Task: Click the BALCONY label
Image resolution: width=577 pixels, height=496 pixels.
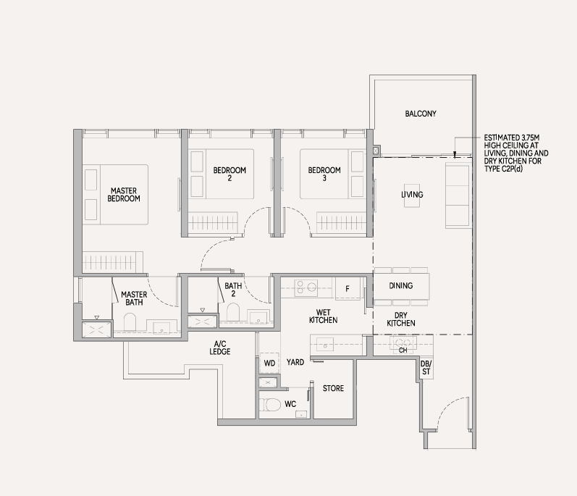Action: pos(421,114)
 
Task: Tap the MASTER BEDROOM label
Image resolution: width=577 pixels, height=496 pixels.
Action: pos(124,195)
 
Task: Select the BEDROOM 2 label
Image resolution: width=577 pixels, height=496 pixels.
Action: pos(229,174)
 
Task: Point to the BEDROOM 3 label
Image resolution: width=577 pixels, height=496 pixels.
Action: pos(324,174)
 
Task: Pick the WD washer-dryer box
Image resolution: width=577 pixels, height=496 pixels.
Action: pos(269,363)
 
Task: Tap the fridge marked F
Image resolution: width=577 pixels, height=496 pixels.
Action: pos(347,289)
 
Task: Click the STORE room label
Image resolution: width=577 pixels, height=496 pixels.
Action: pos(334,388)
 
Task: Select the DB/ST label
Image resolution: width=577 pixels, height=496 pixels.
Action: pos(426,368)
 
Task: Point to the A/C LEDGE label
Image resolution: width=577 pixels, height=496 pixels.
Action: pos(220,348)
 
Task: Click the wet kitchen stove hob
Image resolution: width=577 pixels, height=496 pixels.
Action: pos(306,287)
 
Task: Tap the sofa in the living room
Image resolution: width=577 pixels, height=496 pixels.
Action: pos(458,196)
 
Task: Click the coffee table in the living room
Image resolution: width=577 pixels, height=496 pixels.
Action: pos(412,196)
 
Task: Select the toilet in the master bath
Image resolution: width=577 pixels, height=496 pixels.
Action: pos(130,322)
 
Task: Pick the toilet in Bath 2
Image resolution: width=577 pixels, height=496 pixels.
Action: pos(233,311)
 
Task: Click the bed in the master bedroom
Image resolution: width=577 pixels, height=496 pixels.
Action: pos(115,195)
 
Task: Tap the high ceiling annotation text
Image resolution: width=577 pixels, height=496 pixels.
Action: pos(516,154)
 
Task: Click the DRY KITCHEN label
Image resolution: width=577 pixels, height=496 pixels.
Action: pos(401,319)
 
